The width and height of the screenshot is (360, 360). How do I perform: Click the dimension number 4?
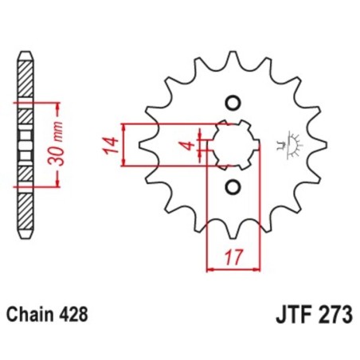coord(184,146)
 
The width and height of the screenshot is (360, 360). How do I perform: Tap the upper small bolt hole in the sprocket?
coord(233,103)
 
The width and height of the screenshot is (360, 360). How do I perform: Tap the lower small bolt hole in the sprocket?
coord(233,187)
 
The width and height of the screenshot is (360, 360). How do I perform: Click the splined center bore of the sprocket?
coord(233,145)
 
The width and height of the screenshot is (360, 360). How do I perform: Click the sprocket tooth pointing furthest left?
coord(143,145)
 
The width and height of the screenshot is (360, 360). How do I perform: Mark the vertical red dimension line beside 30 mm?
coord(60,145)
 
